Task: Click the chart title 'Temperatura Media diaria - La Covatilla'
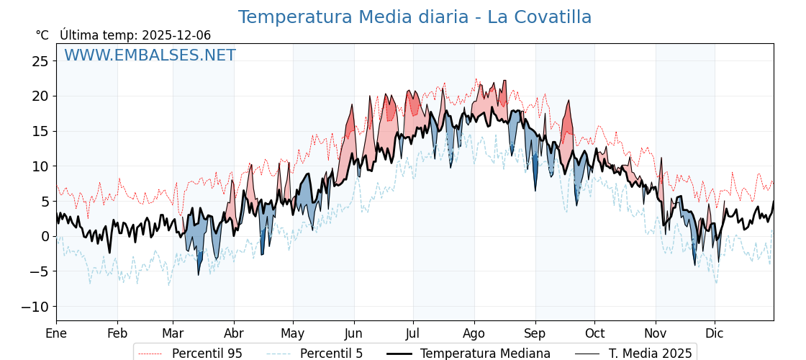point(415,17)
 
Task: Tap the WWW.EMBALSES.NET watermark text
point(150,55)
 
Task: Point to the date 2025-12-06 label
point(176,35)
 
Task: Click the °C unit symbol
point(42,35)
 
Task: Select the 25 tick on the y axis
point(40,61)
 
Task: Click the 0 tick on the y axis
point(45,236)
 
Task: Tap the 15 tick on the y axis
point(40,131)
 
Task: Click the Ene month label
point(56,333)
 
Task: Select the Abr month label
point(234,333)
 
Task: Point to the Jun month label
point(353,333)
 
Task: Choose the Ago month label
point(474,333)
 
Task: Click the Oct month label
point(594,333)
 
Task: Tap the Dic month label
point(715,333)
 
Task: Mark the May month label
point(293,333)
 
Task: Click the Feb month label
point(117,333)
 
